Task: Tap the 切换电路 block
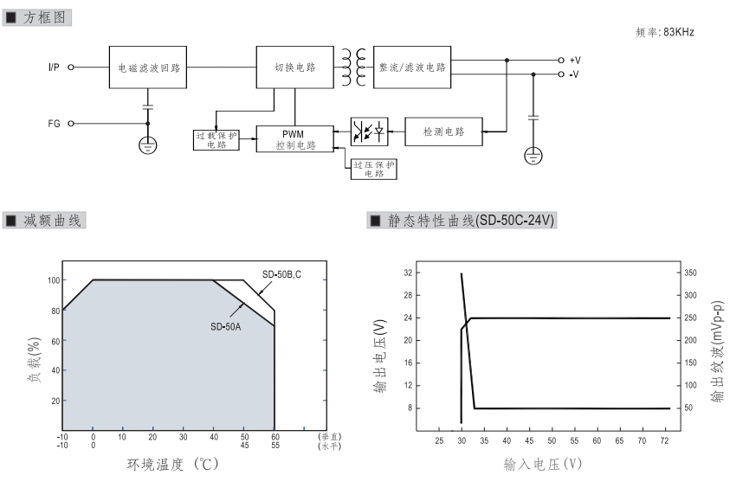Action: click(294, 67)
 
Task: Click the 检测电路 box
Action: click(443, 132)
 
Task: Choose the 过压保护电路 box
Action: click(373, 169)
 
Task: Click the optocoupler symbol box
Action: click(369, 132)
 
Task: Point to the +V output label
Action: click(575, 60)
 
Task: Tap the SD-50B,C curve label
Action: click(282, 275)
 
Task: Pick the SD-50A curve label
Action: click(228, 326)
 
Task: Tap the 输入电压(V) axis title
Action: click(542, 464)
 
